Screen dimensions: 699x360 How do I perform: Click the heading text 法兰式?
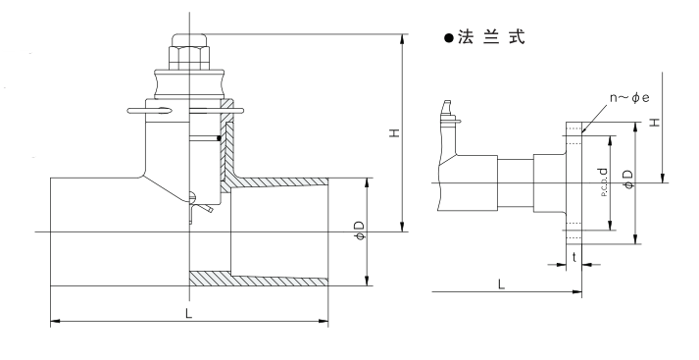[x=491, y=37]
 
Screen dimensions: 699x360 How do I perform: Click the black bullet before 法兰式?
[x=448, y=38]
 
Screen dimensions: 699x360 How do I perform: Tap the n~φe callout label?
[x=629, y=98]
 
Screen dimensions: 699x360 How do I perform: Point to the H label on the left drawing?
[x=394, y=132]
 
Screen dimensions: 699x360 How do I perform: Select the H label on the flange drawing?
[x=655, y=122]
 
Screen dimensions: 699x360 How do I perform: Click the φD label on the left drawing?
[x=360, y=231]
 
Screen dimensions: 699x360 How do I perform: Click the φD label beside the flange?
[x=628, y=179]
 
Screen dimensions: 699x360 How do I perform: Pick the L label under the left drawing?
[x=188, y=314]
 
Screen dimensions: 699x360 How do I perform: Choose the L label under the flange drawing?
[x=502, y=284]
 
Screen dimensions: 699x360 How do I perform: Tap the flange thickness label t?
[x=574, y=257]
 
